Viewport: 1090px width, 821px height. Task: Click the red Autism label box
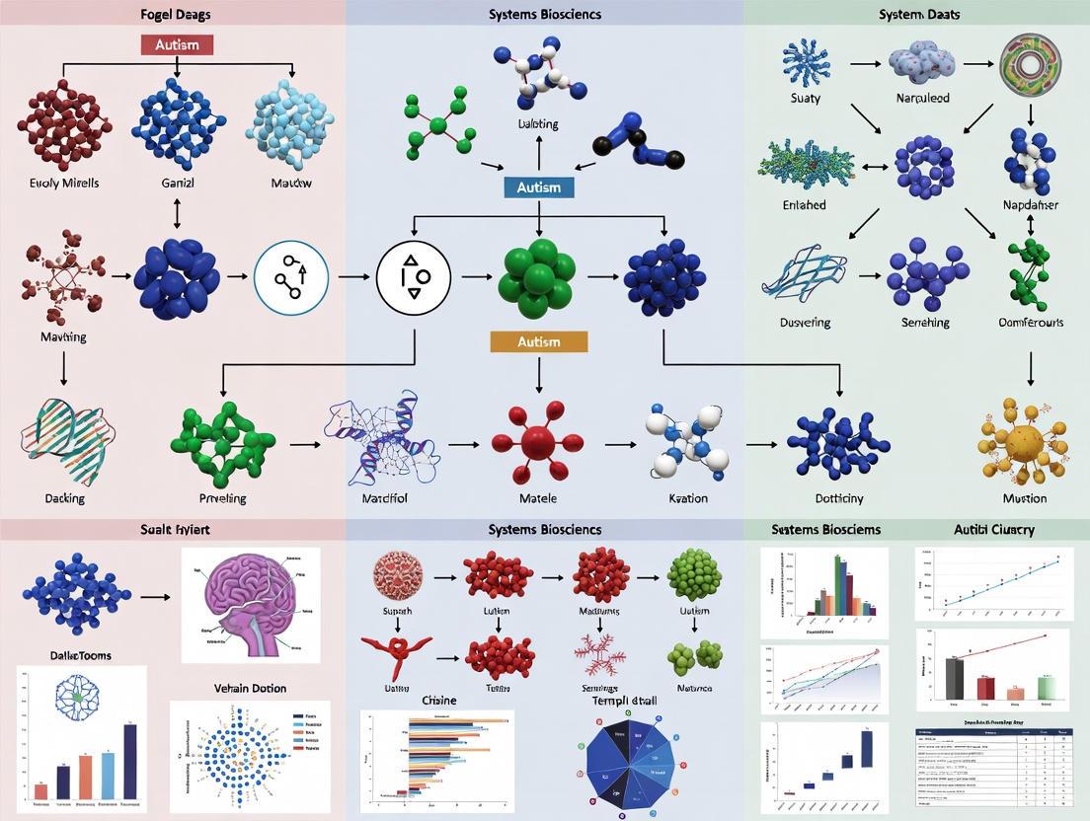coord(177,45)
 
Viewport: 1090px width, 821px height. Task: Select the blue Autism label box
coord(538,187)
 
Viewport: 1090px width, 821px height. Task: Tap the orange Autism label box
coord(538,341)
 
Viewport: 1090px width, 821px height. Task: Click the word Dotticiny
coord(838,498)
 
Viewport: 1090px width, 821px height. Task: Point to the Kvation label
coord(687,498)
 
